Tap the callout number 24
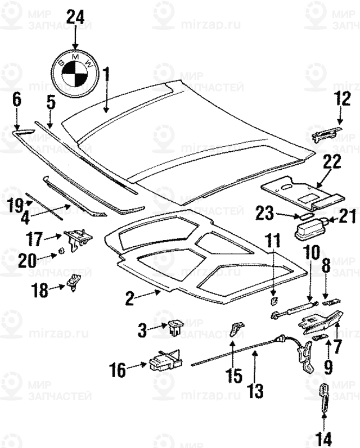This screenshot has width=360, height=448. (x=75, y=16)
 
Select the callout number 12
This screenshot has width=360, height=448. (x=341, y=99)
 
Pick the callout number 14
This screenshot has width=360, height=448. (x=324, y=437)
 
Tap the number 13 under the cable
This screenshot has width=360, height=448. (x=256, y=390)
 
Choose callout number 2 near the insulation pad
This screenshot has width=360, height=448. (x=130, y=299)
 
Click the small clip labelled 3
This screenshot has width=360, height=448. (x=175, y=327)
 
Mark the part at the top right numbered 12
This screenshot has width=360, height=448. (x=326, y=134)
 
